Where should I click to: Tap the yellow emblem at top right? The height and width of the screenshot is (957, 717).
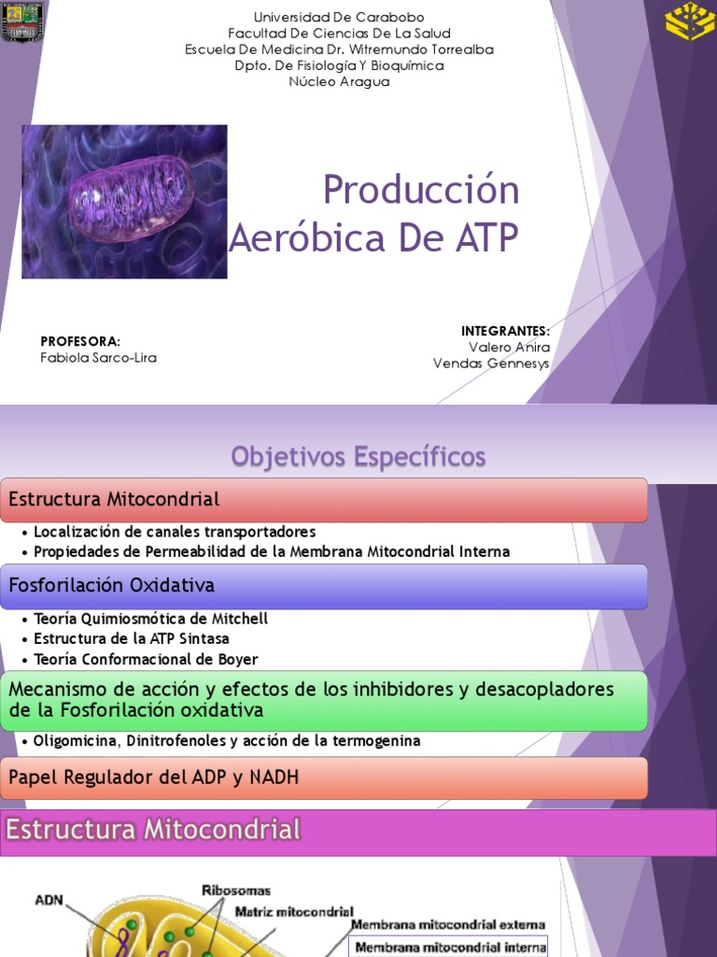click(x=689, y=23)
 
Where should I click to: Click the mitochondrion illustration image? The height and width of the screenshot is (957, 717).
click(x=124, y=202)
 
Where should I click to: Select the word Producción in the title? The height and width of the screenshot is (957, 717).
click(x=421, y=191)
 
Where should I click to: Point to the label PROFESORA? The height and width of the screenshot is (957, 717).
click(x=81, y=341)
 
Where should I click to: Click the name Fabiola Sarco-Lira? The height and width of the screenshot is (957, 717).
click(x=99, y=358)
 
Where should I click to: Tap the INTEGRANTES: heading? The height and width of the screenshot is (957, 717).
click(x=505, y=331)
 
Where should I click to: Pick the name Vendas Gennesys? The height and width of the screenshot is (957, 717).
click(x=491, y=364)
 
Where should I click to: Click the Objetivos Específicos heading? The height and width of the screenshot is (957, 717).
click(x=358, y=457)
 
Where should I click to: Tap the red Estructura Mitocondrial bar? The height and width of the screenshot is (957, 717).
click(x=324, y=500)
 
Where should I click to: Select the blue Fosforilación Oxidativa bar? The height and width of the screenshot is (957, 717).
click(x=324, y=586)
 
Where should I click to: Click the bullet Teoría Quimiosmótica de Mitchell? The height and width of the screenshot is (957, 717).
click(x=150, y=619)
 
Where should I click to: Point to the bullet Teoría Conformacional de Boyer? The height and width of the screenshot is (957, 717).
click(x=146, y=660)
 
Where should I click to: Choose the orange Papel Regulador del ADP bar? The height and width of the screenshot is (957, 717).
click(x=324, y=778)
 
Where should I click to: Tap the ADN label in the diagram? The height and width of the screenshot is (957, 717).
click(x=49, y=900)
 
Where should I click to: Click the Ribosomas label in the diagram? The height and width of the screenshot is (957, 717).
click(x=236, y=891)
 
